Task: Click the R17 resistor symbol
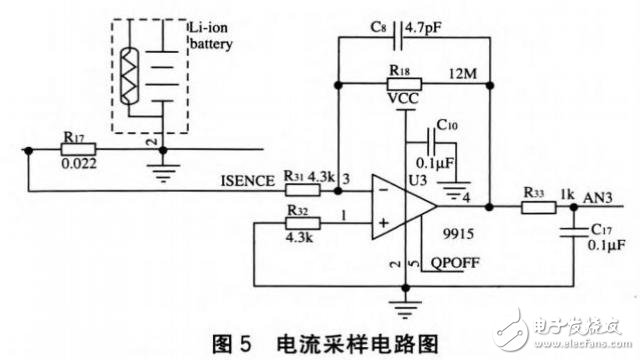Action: [x=79, y=151]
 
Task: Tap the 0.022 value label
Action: [x=80, y=165]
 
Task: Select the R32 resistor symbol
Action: [x=297, y=223]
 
